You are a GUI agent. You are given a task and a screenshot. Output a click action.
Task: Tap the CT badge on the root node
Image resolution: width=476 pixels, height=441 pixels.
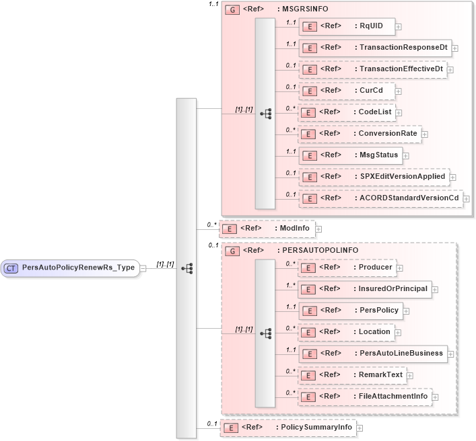click(11, 268)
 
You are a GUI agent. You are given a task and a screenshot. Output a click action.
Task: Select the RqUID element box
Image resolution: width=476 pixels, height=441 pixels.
click(347, 26)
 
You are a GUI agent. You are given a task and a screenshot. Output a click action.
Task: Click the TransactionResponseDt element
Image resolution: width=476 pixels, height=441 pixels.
click(374, 48)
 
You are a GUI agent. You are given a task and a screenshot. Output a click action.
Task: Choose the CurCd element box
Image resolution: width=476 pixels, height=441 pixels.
click(347, 91)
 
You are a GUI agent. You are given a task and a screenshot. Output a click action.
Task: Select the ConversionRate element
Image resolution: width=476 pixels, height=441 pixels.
click(360, 134)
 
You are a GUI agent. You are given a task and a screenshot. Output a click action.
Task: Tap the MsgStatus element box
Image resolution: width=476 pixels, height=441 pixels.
click(351, 155)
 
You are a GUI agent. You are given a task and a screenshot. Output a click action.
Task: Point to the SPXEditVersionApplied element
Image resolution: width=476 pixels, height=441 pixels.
click(373, 177)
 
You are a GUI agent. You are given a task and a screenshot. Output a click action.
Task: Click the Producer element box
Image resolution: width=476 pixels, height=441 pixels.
click(347, 268)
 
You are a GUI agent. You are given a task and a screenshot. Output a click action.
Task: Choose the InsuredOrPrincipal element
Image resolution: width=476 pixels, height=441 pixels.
click(364, 289)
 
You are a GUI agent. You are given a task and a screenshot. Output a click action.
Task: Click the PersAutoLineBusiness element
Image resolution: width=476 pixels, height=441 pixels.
click(373, 354)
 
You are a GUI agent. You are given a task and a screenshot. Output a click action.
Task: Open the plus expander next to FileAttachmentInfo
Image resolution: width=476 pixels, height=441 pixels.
click(435, 397)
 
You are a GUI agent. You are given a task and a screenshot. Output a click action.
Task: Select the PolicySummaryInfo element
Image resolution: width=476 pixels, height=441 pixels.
click(287, 428)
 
